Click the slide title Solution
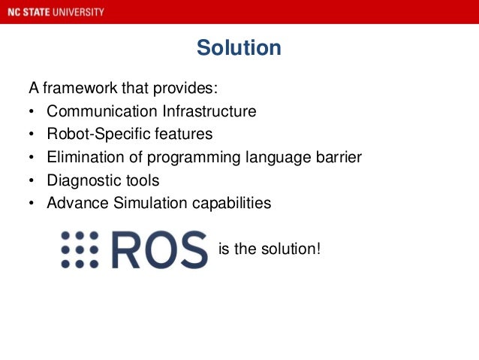point(239,48)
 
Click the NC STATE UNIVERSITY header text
point(53,12)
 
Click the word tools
point(143,180)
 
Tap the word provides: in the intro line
point(190,89)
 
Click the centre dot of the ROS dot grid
point(80,250)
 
